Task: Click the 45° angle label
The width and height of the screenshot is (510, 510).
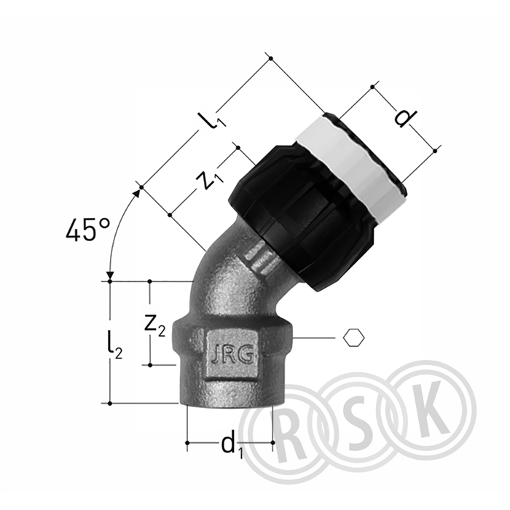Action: click(88, 229)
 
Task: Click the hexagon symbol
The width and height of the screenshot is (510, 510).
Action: click(354, 337)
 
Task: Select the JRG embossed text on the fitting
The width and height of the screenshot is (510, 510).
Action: click(232, 356)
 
